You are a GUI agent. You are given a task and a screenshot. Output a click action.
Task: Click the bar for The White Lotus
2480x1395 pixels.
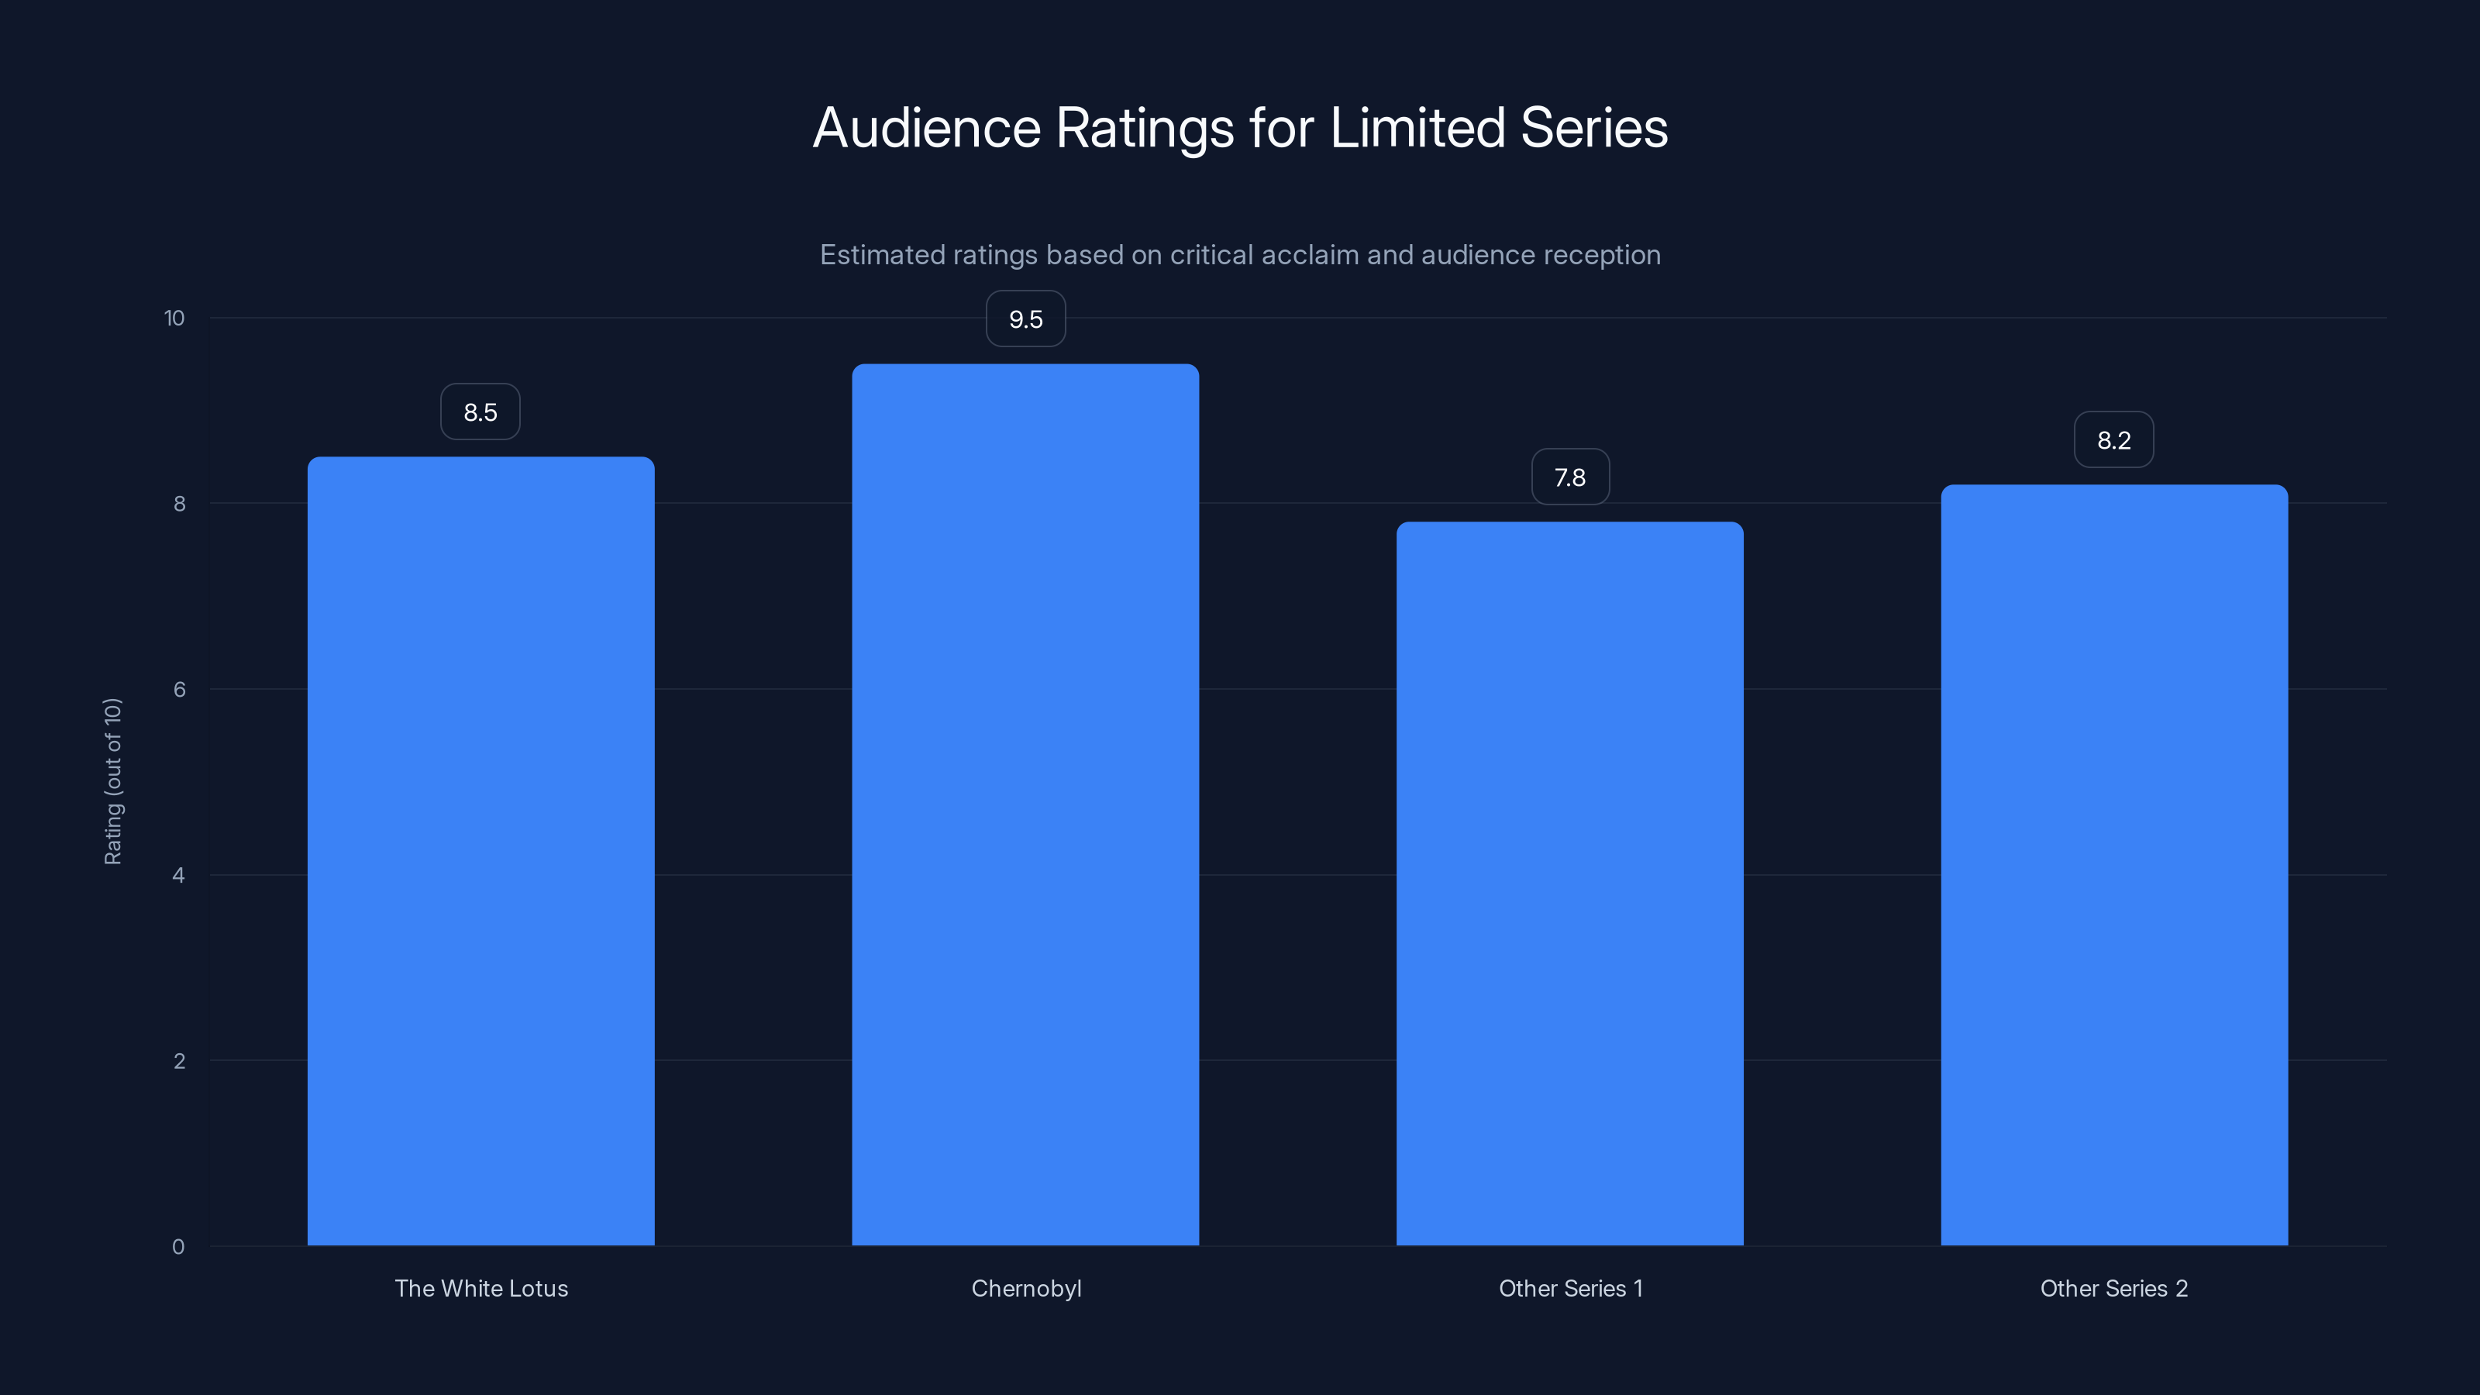click(480, 851)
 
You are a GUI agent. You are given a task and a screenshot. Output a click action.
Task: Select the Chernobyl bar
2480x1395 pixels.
click(1025, 805)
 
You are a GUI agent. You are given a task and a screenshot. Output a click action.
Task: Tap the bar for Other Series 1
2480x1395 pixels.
click(1569, 883)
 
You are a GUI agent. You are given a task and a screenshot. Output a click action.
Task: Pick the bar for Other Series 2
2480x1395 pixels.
click(2114, 865)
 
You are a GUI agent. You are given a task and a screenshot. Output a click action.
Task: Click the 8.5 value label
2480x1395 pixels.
click(480, 412)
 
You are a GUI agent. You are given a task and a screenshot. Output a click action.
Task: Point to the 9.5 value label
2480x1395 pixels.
click(1025, 319)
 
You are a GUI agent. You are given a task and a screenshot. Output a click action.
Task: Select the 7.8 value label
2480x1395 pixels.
click(1570, 477)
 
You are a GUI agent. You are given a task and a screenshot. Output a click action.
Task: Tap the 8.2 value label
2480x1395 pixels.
click(2114, 440)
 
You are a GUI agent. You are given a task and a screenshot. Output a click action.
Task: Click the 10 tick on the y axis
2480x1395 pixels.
click(174, 318)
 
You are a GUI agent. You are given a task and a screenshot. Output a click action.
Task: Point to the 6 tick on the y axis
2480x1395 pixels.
click(179, 689)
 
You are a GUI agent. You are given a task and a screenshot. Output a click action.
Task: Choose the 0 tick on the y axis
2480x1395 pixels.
click(178, 1247)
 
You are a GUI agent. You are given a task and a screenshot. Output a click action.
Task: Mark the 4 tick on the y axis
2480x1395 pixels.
click(178, 875)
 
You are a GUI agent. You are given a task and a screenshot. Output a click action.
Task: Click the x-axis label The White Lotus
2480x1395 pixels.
click(481, 1288)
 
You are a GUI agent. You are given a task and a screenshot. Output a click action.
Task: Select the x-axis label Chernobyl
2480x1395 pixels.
click(1026, 1288)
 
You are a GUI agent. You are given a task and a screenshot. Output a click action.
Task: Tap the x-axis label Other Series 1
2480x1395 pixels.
click(1570, 1288)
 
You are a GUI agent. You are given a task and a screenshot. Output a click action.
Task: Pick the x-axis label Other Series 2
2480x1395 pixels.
click(2114, 1288)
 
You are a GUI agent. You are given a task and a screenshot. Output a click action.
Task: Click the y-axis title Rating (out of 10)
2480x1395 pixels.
click(112, 782)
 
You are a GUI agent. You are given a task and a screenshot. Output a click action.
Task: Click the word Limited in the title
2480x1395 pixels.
click(1417, 127)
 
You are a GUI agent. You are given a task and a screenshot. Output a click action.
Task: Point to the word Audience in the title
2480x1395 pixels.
click(927, 127)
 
